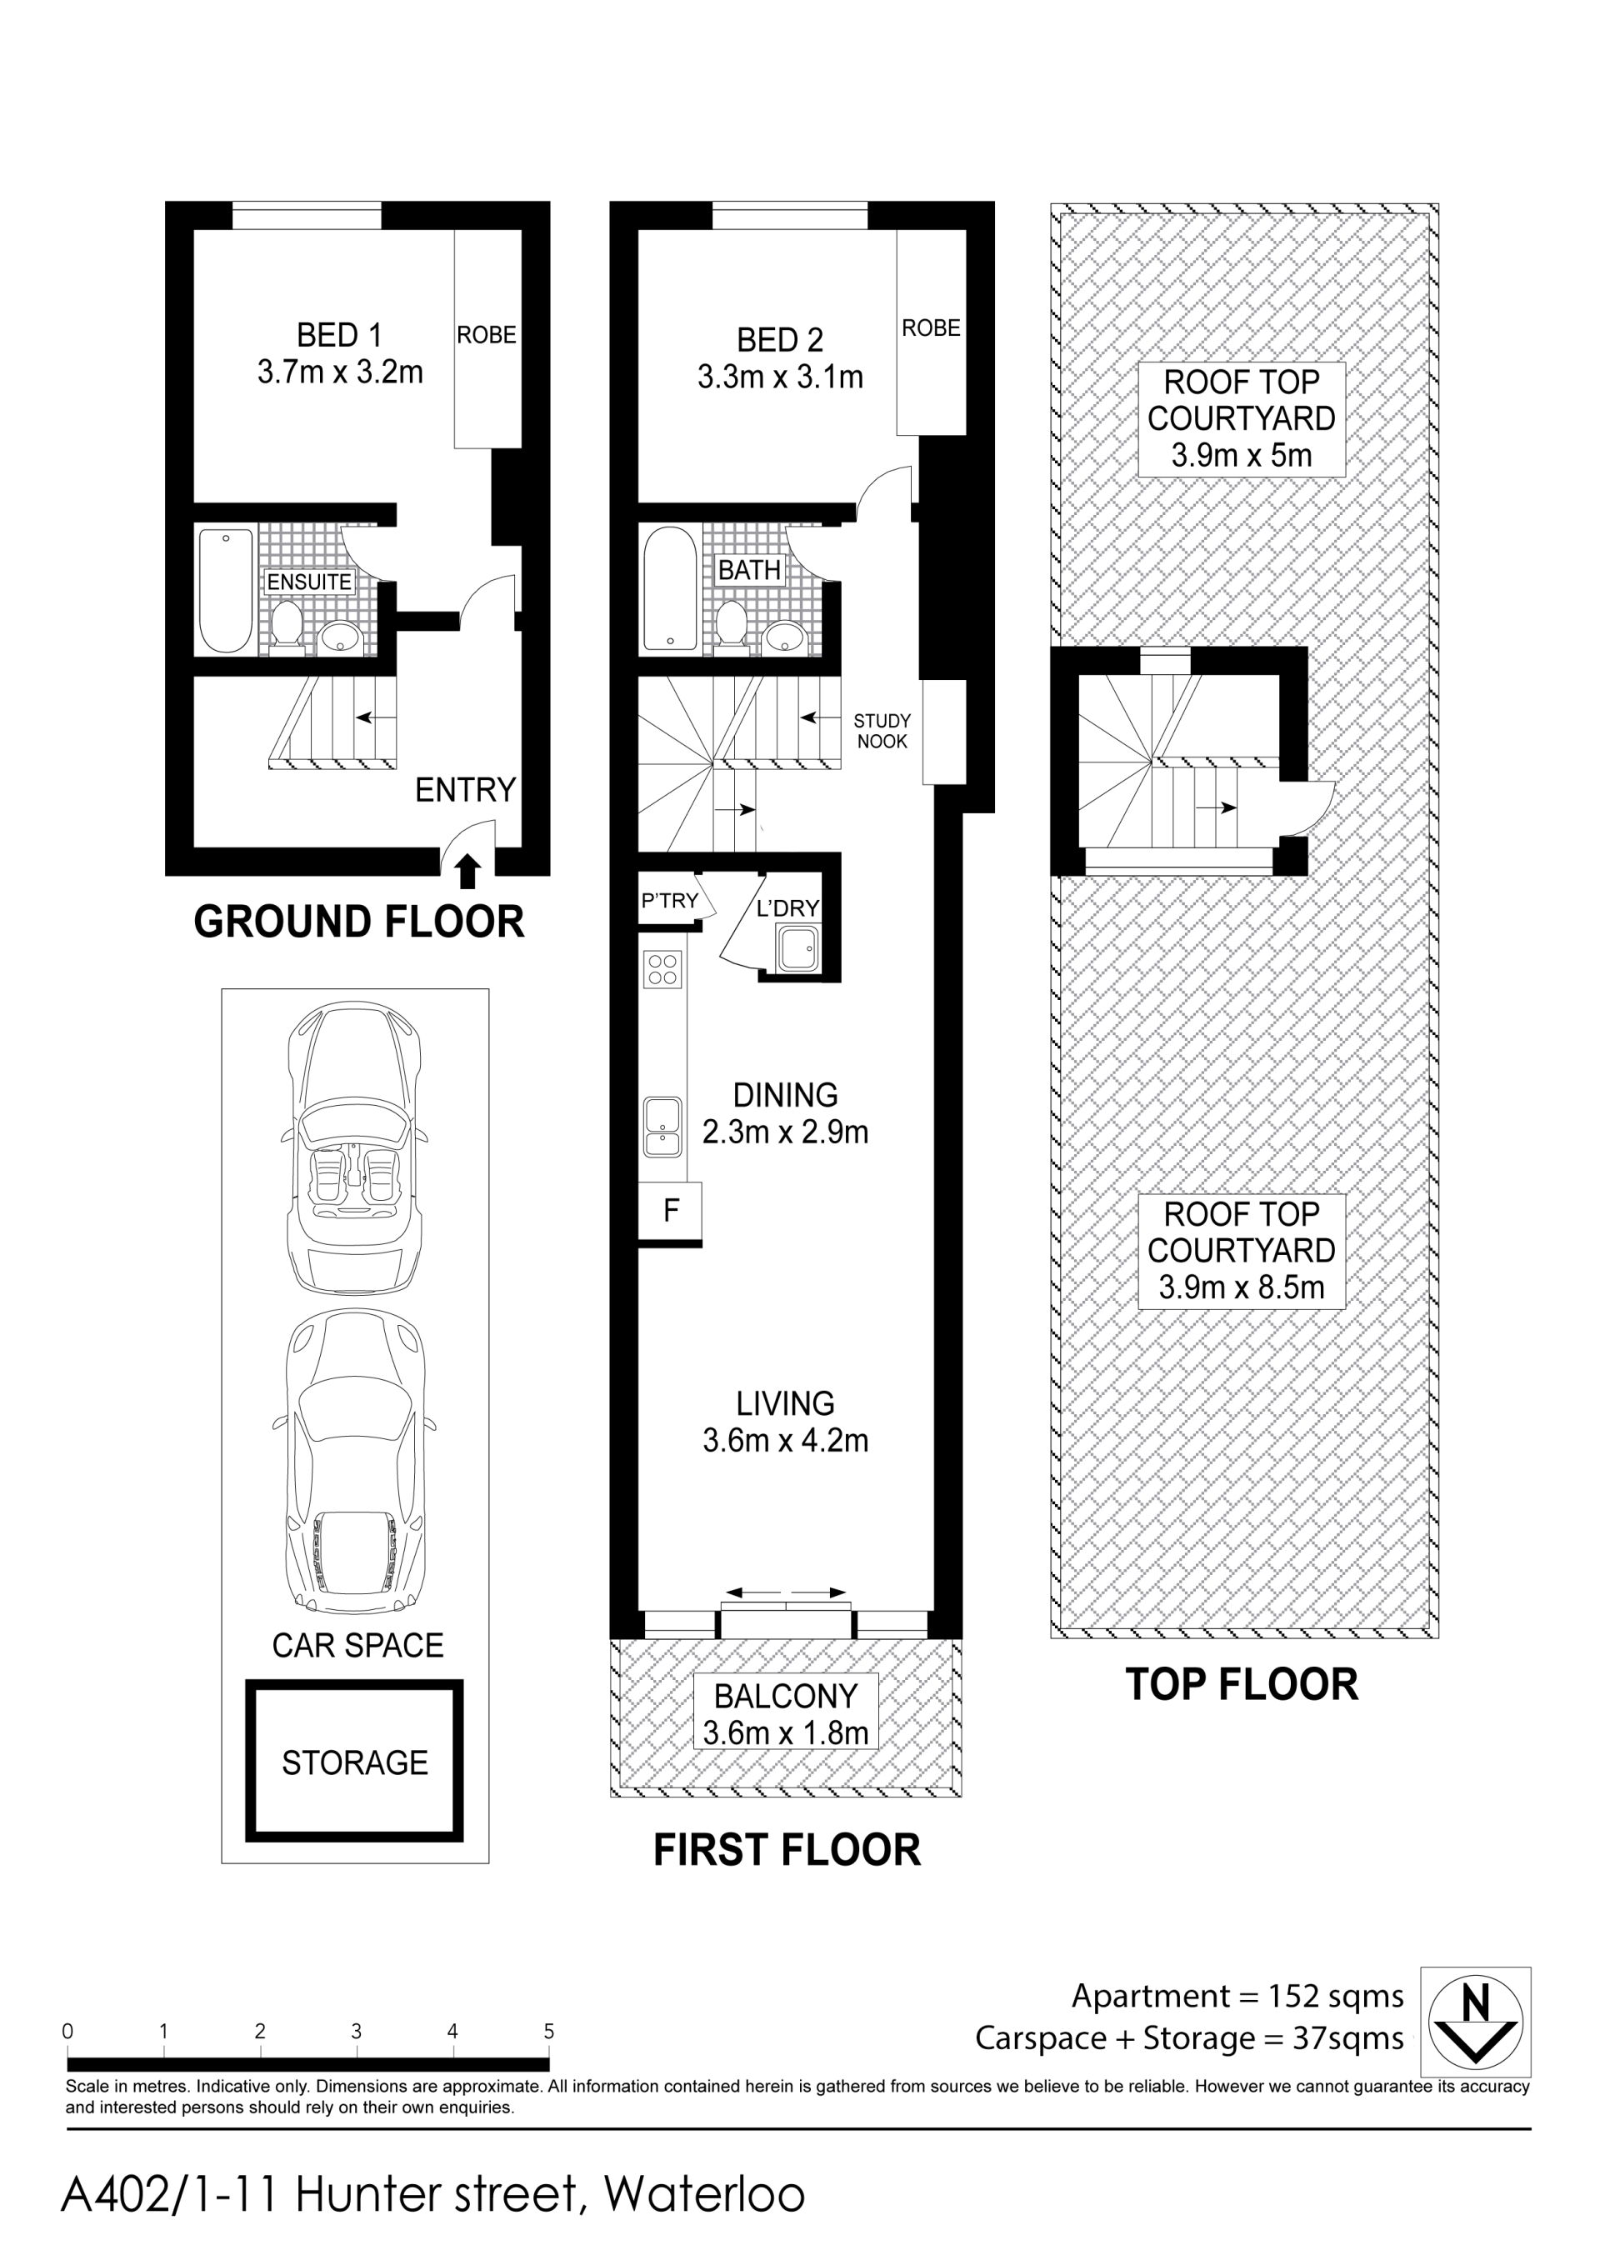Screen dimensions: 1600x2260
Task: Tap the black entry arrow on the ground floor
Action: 469,870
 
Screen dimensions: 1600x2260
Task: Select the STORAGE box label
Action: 355,1762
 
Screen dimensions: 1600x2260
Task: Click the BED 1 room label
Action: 339,335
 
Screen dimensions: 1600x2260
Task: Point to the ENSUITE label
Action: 309,582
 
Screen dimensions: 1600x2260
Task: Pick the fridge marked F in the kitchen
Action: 671,1210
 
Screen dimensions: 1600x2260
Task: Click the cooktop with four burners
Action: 662,968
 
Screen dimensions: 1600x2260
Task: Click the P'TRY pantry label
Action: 669,901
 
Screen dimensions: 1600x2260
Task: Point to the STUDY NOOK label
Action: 882,731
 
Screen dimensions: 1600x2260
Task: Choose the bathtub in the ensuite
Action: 226,590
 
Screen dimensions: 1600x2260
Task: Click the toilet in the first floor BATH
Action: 731,627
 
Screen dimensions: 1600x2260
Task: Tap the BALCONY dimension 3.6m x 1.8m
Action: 785,1733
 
